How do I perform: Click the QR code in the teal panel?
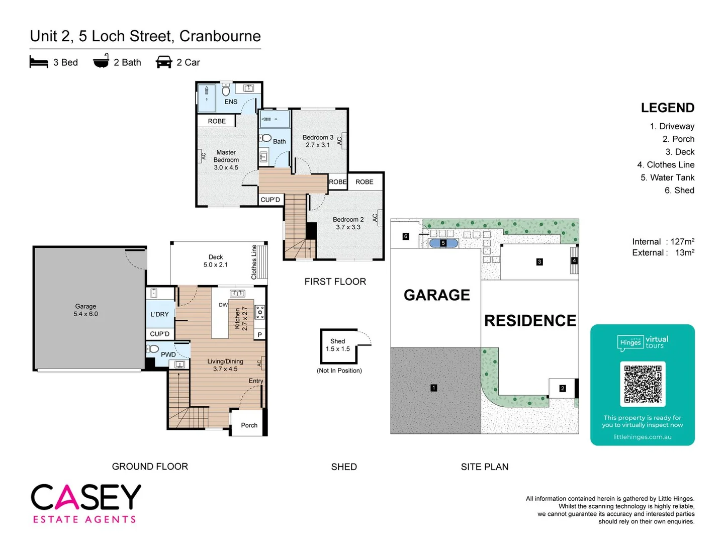[x=643, y=384]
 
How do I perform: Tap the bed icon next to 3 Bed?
[x=39, y=62]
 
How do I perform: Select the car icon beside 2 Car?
[x=164, y=62]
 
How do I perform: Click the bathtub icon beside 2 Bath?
[x=101, y=61]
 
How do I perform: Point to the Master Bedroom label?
[x=226, y=156]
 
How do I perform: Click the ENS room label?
[x=231, y=102]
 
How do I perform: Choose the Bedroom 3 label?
[x=318, y=137]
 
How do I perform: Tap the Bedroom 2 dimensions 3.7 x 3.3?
[x=348, y=227]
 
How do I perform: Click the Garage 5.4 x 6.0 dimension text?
[x=85, y=314]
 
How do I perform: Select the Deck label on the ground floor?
[x=216, y=257]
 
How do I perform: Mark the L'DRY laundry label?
[x=160, y=314]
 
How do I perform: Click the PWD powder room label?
[x=168, y=354]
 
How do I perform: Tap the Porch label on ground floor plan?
[x=249, y=425]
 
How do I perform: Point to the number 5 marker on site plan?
[x=443, y=243]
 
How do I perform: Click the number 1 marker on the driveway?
[x=434, y=388]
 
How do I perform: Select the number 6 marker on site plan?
[x=406, y=236]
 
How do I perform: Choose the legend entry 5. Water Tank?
[x=667, y=177]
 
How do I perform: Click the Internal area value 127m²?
[x=682, y=242]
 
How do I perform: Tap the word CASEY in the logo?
[x=86, y=497]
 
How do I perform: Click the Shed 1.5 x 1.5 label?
[x=338, y=345]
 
